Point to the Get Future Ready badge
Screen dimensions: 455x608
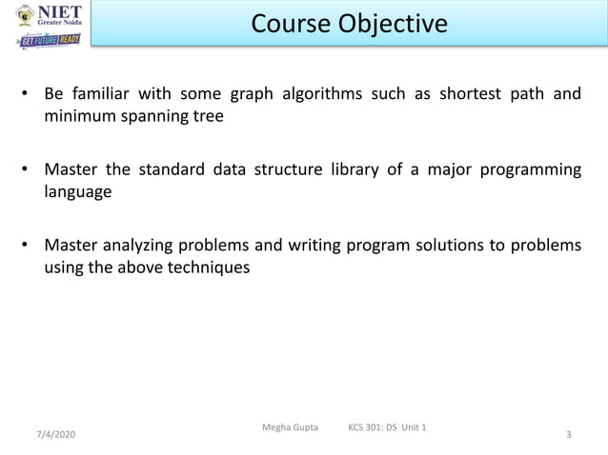(x=51, y=41)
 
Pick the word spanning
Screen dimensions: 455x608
(x=155, y=117)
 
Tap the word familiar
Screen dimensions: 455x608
(x=100, y=95)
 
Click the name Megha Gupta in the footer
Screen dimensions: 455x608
(x=290, y=425)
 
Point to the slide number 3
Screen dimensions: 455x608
(x=569, y=434)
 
